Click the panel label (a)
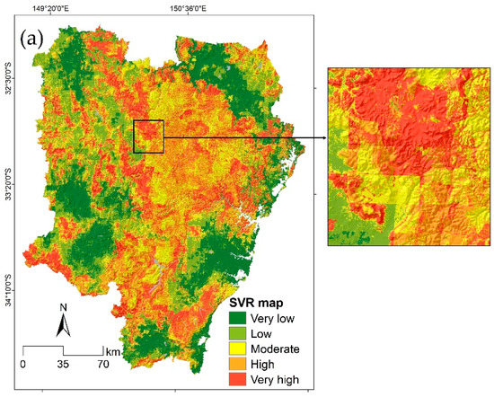[x=31, y=42]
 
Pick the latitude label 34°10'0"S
[x=10, y=291]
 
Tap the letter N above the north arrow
[x=63, y=308]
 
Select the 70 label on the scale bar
[x=102, y=365]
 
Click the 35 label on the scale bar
[x=63, y=365]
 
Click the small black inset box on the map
[x=148, y=137]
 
